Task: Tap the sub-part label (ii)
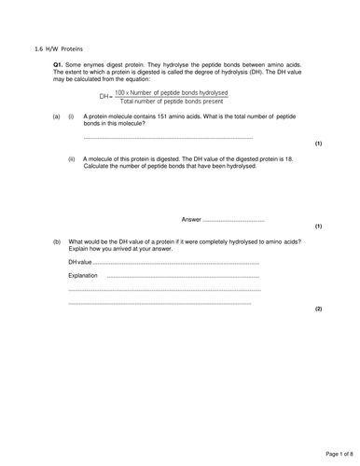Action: point(72,159)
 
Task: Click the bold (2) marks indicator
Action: point(318,308)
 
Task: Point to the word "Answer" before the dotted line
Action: point(190,219)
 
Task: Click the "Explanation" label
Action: point(85,276)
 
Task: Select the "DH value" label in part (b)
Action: point(83,264)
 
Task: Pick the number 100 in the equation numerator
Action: point(121,91)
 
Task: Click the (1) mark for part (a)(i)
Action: point(318,145)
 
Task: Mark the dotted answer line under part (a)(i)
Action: point(168,137)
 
